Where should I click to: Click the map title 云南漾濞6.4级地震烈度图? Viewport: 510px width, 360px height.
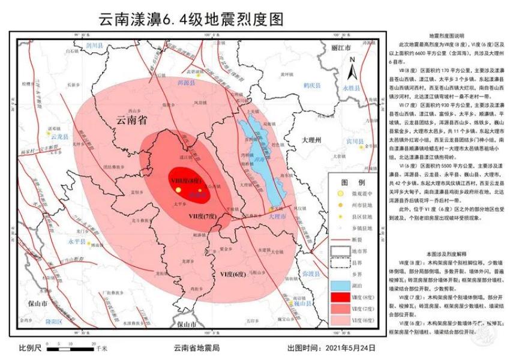tap(191, 20)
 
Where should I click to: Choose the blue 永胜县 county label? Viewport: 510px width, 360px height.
tap(350, 88)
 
